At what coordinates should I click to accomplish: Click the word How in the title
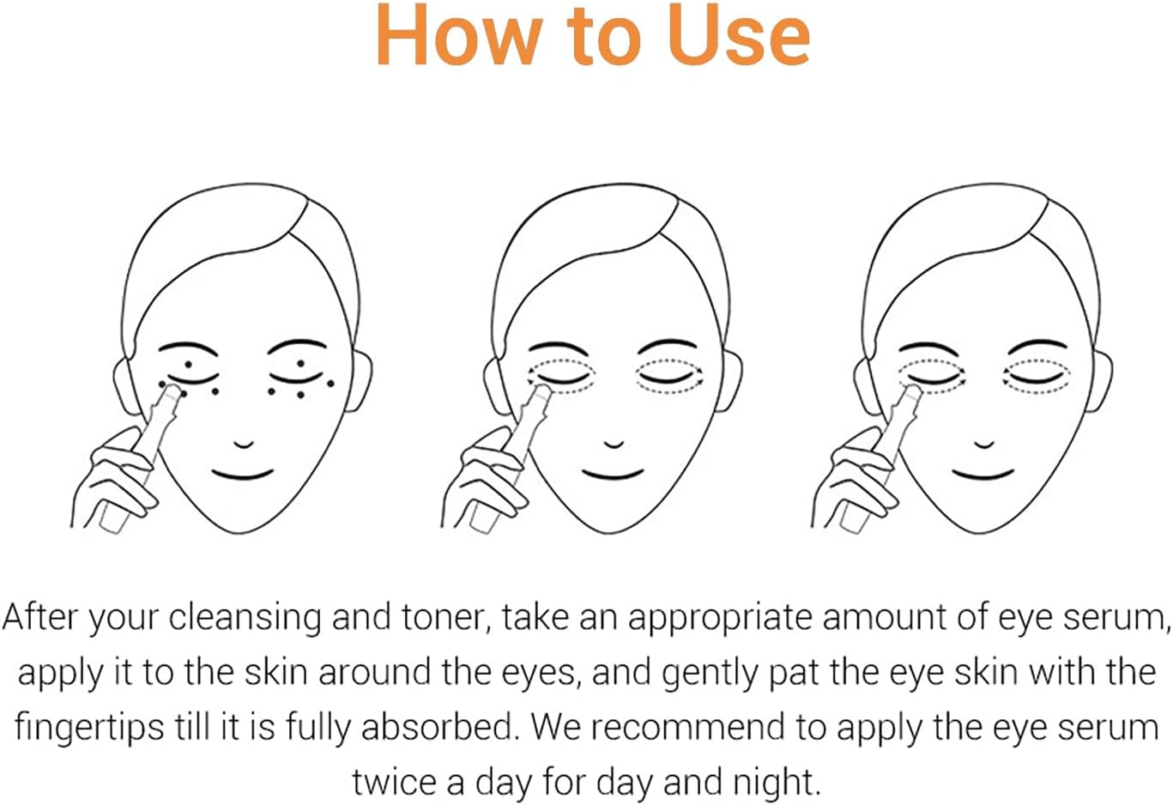click(459, 35)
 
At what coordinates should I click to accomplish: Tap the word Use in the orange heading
click(738, 35)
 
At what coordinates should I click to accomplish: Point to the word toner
click(445, 618)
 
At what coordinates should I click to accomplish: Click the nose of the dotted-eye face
click(244, 445)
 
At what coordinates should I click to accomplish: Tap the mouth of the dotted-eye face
click(243, 475)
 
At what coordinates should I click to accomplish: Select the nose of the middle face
click(614, 445)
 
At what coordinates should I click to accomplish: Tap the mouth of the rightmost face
click(983, 475)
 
